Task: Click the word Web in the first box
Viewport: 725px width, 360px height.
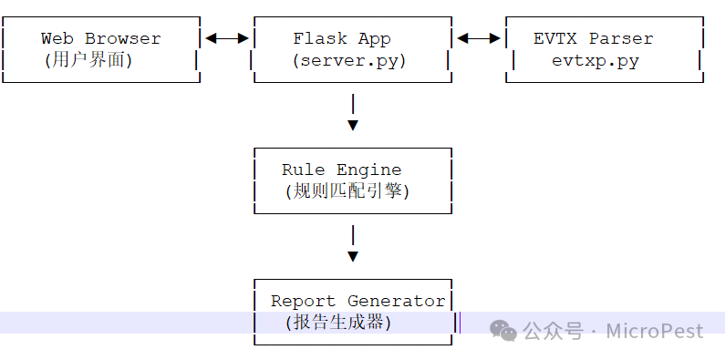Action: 57,38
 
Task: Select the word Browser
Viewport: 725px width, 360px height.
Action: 122,38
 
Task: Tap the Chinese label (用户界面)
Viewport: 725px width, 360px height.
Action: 88,60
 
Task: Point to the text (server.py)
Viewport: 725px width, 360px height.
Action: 348,61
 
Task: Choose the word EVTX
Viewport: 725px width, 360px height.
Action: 554,38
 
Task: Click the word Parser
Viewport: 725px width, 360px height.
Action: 621,38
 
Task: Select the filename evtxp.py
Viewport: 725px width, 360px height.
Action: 596,61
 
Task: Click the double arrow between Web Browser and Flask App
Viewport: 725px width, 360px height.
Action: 227,38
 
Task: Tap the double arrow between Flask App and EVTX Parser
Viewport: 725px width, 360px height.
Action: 479,38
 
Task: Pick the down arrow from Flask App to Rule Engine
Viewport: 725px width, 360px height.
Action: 353,112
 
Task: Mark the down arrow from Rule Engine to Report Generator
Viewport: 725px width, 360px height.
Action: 353,243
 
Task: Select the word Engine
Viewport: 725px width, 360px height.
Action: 369,170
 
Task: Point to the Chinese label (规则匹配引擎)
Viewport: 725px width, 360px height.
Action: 347,191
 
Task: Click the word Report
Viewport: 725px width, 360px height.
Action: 304,301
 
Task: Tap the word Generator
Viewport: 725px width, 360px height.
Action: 397,301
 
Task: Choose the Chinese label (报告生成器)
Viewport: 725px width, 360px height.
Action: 338,323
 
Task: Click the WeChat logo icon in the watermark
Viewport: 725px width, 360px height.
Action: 503,331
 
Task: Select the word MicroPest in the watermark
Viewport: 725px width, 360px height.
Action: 655,332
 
